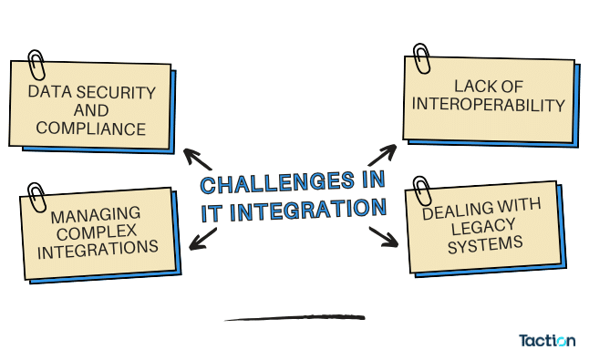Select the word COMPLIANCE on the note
coord(90,129)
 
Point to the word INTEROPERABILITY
coord(489,105)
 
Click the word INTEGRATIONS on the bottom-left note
coord(98,248)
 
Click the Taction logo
coord(547,341)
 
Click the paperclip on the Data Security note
coord(36,64)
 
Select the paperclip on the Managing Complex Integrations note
coord(36,196)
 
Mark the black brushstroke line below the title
coord(294,318)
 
